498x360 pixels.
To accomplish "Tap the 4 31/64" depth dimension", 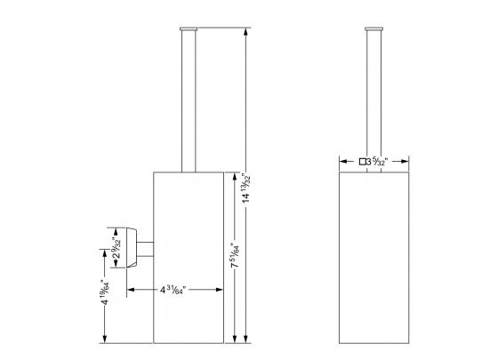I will pos(174,288).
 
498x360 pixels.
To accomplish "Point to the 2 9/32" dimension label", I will pos(116,252).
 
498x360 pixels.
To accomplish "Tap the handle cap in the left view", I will pos(188,31).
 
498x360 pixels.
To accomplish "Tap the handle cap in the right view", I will pos(373,31).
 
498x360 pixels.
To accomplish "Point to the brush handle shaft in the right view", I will pos(373,98).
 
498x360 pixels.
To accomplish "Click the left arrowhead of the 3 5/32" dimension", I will pos(341,162).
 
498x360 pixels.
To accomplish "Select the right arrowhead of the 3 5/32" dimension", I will pos(407,162).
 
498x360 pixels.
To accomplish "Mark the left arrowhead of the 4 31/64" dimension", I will pos(130,288).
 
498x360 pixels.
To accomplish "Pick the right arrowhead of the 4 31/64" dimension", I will pos(218,288).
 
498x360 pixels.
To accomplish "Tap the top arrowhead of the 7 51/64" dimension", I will pos(234,174).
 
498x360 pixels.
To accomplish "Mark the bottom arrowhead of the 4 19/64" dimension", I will pos(105,340).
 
